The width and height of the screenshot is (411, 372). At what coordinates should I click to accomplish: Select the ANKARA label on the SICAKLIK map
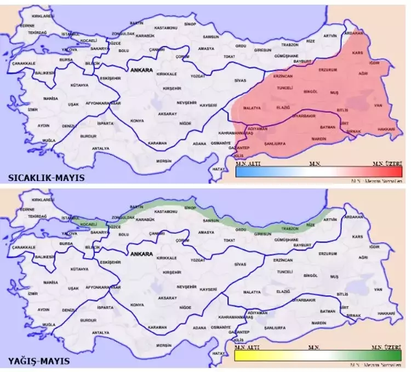[x=141, y=71]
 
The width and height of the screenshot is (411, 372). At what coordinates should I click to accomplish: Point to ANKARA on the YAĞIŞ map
[x=141, y=254]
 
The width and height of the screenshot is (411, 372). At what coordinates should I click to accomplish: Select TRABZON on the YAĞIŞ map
[x=290, y=228]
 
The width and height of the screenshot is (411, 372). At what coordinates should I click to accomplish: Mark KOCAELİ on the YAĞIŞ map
[x=88, y=224]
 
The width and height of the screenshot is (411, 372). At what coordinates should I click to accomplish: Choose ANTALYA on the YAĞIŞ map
[x=100, y=332]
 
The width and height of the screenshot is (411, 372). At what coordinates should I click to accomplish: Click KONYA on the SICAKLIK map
[x=136, y=120]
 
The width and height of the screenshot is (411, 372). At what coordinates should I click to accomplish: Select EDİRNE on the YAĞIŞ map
[x=27, y=209]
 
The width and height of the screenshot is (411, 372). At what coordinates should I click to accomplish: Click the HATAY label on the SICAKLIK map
[x=219, y=170]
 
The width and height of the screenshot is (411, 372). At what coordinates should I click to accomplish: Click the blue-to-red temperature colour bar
[x=318, y=172]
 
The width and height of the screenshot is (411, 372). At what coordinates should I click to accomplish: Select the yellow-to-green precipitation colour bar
[x=318, y=356]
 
